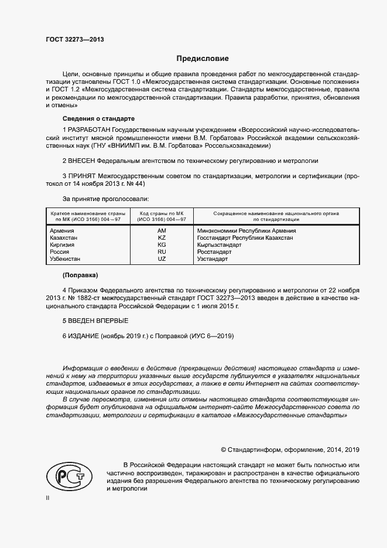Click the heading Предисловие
point(203,59)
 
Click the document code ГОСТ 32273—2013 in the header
point(74,40)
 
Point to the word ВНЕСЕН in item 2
point(83,160)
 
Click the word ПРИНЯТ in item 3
point(83,175)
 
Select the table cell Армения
point(62,231)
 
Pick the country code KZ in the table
point(162,238)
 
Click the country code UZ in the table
point(162,258)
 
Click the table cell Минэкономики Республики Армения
point(246,231)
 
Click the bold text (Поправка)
point(80,275)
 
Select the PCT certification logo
point(66,475)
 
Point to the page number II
point(48,498)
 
